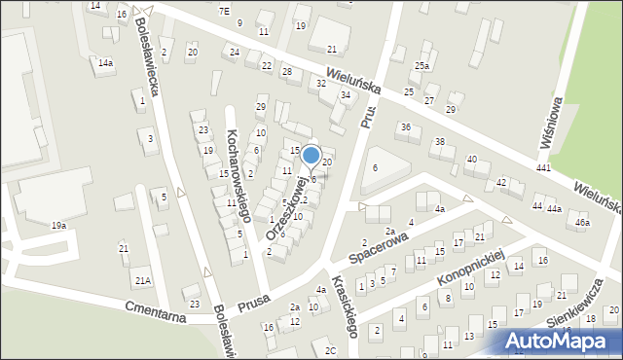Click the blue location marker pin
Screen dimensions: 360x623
311,156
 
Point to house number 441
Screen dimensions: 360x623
542,169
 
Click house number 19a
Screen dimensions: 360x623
59,226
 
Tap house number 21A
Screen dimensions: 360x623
143,281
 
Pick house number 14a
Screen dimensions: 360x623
105,63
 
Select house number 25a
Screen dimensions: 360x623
421,65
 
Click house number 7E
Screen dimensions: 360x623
224,11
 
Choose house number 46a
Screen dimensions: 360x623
582,223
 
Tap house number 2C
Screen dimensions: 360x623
331,350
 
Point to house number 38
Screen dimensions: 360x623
439,142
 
